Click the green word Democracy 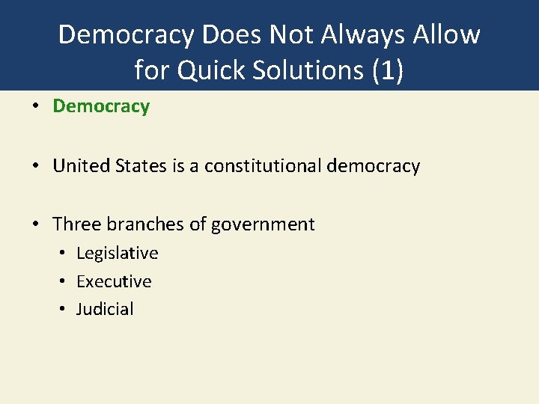[x=101, y=106]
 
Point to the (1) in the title [x=387, y=70]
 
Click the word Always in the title [x=375, y=34]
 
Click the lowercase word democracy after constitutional [x=374, y=165]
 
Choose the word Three [x=77, y=224]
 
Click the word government [x=266, y=224]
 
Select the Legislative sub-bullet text [x=118, y=253]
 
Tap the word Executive [x=114, y=281]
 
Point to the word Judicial [x=105, y=309]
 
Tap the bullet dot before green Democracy [x=36, y=107]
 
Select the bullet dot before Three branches [x=36, y=224]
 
